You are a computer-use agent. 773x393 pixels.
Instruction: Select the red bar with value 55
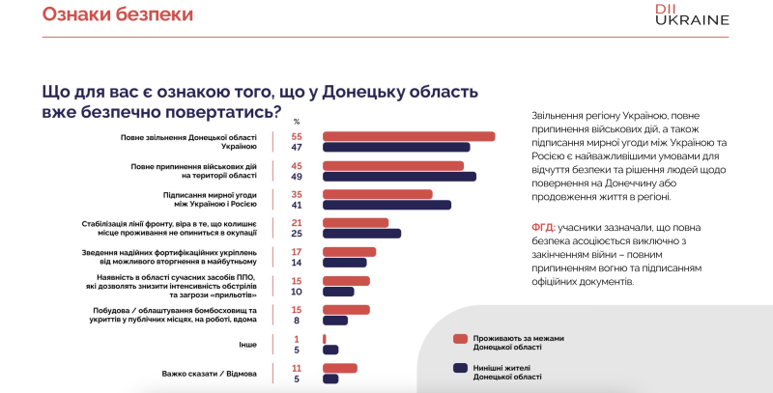point(408,137)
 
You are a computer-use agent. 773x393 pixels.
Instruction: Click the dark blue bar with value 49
point(398,177)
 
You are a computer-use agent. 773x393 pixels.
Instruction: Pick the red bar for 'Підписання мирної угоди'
point(377,194)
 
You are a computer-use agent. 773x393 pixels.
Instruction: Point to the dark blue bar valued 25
point(360,234)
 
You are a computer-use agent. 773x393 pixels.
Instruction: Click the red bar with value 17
point(348,251)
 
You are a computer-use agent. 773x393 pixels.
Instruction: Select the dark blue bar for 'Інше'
point(329,350)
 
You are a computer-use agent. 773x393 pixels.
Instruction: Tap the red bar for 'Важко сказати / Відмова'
point(339,368)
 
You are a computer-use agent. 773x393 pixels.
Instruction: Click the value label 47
point(297,148)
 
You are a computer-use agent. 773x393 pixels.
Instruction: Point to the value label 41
point(297,206)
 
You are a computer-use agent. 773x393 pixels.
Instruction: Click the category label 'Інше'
point(248,344)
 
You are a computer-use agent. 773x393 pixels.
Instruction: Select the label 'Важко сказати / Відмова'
point(210,373)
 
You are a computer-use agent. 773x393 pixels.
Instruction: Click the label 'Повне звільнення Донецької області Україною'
point(189,142)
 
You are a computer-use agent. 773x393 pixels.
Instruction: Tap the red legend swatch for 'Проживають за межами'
point(460,339)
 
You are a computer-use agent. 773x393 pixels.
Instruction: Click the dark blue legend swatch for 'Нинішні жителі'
point(460,368)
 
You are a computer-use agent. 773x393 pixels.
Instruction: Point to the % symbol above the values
point(297,122)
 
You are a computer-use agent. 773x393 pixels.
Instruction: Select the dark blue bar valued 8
point(334,321)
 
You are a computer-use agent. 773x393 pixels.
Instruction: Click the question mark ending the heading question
point(276,112)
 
